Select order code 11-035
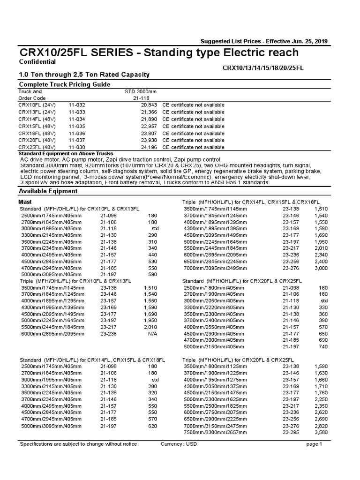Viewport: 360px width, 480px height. coord(77,126)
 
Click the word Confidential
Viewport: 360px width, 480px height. coord(37,62)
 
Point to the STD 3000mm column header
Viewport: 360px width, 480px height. coord(141,91)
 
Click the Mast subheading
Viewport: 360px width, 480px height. coord(25,201)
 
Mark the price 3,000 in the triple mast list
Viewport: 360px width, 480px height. coord(320,268)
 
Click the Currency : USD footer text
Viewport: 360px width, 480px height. coord(178,444)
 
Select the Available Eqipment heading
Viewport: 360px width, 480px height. coord(48,191)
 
